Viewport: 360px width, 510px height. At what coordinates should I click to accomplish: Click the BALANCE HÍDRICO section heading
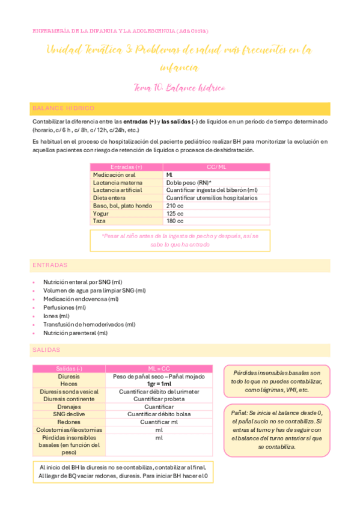click(64, 108)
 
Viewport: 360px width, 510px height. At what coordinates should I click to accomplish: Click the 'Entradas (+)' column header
click(126, 167)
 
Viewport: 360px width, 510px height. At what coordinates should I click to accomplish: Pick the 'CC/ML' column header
click(216, 167)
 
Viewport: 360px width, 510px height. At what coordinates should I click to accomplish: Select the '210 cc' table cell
click(175, 205)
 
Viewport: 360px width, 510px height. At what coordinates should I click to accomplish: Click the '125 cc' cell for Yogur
click(175, 213)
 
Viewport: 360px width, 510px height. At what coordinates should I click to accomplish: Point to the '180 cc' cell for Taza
click(175, 221)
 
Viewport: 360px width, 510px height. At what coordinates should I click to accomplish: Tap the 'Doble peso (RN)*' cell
click(189, 182)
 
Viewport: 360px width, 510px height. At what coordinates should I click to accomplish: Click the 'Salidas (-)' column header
click(69, 368)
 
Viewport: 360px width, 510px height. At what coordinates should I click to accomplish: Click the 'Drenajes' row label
click(69, 407)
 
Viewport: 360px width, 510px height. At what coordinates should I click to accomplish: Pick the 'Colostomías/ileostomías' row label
click(69, 430)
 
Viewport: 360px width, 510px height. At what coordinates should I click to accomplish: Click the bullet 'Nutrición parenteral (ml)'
click(75, 333)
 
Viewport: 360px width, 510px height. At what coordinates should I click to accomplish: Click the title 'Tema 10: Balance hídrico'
click(180, 88)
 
